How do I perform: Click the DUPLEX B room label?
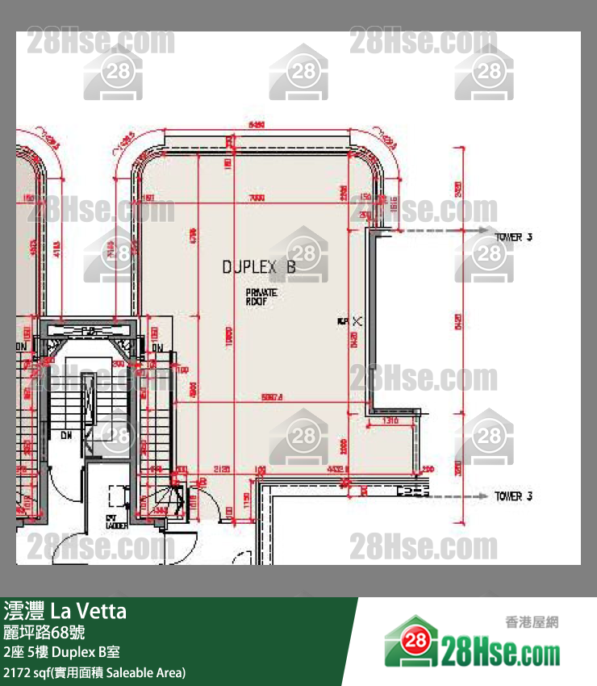[259, 267]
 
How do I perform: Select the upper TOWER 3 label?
[513, 237]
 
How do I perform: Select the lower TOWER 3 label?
[513, 496]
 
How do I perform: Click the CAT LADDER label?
[115, 521]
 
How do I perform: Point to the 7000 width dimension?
[257, 198]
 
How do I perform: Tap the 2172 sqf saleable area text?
[94, 672]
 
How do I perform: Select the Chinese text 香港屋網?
[531, 621]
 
